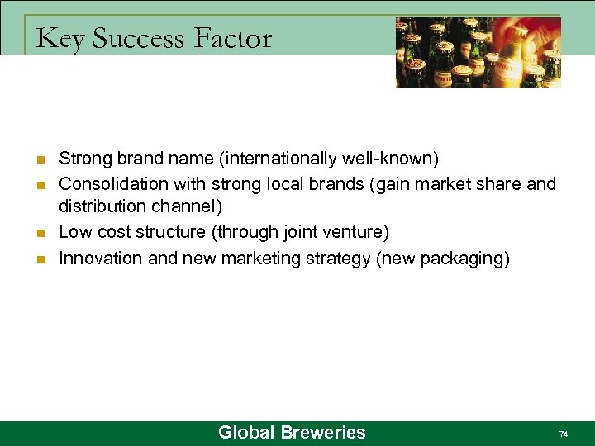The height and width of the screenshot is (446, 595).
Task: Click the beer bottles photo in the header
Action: click(x=478, y=52)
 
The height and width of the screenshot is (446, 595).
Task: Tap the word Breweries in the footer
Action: click(x=322, y=432)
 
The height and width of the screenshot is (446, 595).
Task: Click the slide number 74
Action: click(x=564, y=434)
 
